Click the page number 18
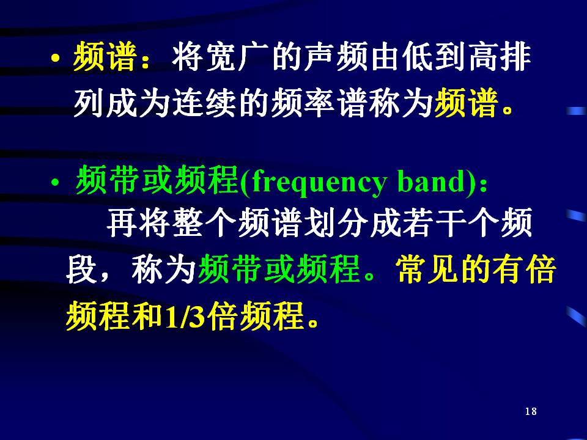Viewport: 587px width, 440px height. pos(531,411)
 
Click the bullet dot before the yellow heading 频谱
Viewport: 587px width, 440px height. pos(55,59)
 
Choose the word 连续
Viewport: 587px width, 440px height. pos(204,103)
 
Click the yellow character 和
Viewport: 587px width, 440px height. pos(150,316)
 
